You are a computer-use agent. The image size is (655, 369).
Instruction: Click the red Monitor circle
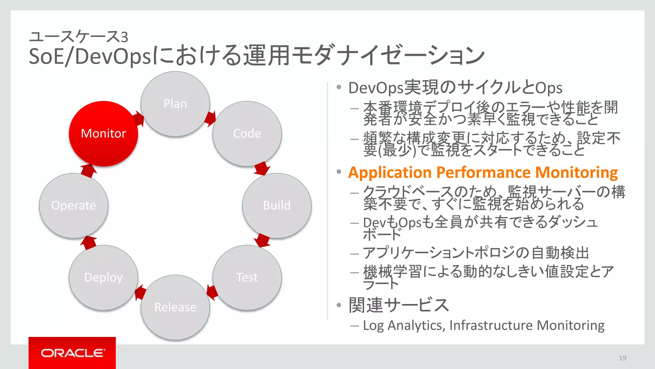103,134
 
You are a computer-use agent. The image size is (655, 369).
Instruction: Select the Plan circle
175,104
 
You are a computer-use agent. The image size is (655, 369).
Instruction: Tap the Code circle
247,134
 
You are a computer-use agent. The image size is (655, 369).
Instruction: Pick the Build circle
277,205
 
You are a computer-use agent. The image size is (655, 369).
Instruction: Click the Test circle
247,277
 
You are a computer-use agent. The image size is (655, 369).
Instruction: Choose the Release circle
175,307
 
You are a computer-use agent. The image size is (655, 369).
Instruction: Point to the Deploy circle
103,277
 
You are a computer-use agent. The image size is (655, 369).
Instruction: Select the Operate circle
74,205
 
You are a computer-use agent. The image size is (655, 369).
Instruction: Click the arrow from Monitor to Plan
139,119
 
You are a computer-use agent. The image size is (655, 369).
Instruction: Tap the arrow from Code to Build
262,168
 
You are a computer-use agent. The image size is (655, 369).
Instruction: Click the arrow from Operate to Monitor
88,170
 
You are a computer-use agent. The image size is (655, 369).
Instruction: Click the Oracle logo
72,353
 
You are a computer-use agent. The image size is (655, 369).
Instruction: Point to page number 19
622,358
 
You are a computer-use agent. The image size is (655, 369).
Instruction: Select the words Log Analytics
403,325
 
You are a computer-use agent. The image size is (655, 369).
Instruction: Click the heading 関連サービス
399,305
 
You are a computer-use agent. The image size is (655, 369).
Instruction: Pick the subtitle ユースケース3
78,36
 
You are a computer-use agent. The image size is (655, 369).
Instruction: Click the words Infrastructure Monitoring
527,325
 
